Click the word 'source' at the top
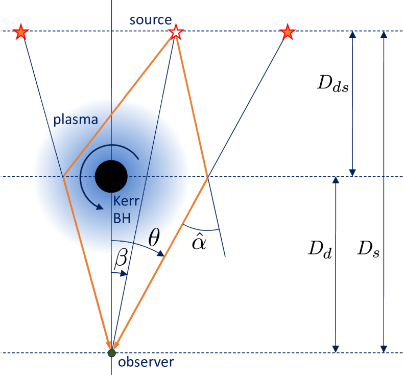(150, 20)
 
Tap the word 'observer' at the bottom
(146, 362)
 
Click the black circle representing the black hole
(111, 177)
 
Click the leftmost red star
(21, 32)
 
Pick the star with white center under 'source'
(176, 32)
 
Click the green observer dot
(111, 353)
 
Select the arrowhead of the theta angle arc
(163, 253)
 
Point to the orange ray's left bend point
(63, 177)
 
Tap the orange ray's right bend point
(207, 177)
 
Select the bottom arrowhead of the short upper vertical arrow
(351, 173)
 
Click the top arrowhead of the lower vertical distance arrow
(335, 181)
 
